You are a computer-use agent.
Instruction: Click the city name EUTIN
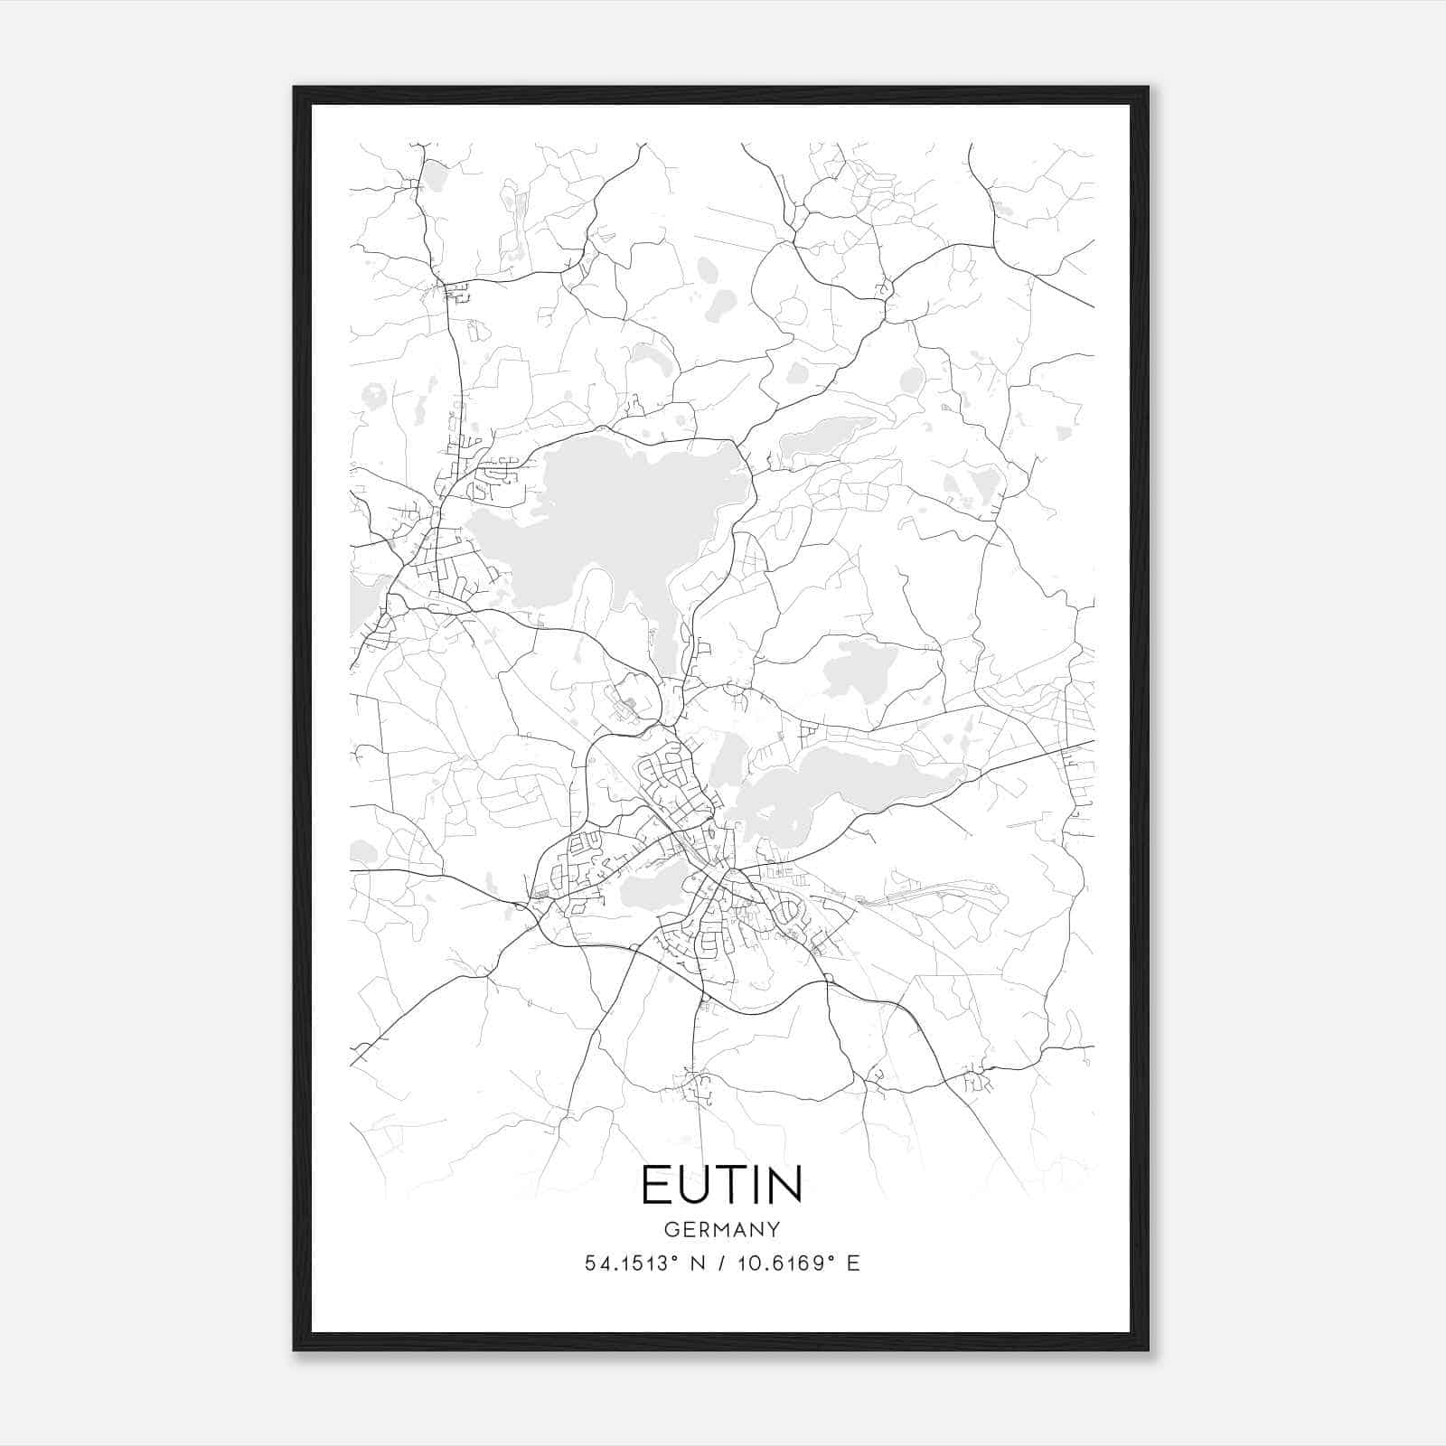tap(722, 1185)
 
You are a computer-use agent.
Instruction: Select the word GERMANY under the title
tap(722, 1229)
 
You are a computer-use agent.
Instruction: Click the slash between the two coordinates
tap(718, 1263)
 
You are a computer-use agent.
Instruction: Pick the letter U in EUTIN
tap(693, 1185)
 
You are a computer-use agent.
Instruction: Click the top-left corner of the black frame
tap(295, 89)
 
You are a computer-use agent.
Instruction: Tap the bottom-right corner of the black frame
tap(1147, 1349)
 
